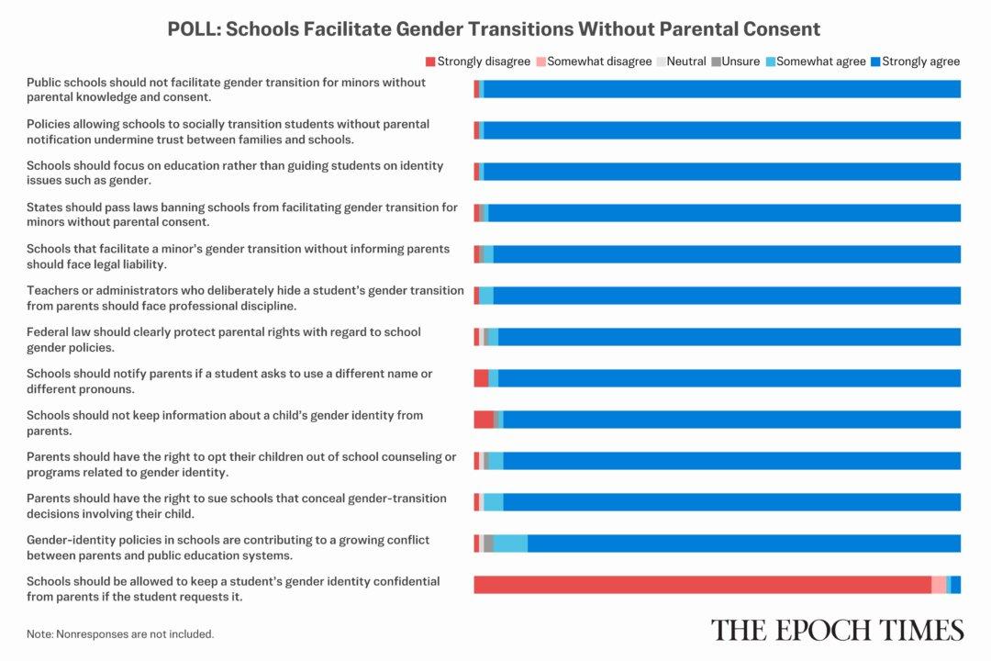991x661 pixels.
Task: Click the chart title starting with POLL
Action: pyautogui.click(x=494, y=28)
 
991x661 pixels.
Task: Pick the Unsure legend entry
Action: pyautogui.click(x=737, y=62)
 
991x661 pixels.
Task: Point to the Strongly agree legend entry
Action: pyautogui.click(x=915, y=62)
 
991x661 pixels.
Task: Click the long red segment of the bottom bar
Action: pyautogui.click(x=702, y=585)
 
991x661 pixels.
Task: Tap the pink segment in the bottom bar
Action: pyautogui.click(x=939, y=585)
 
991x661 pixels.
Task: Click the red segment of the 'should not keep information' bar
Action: pyautogui.click(x=484, y=420)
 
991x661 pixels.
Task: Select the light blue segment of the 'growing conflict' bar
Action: pyautogui.click(x=510, y=543)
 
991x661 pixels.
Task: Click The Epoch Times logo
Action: pyautogui.click(x=837, y=630)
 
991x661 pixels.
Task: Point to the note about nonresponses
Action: pyautogui.click(x=120, y=633)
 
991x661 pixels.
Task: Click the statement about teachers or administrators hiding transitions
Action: pyautogui.click(x=245, y=297)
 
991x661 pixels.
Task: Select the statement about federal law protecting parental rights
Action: pyautogui.click(x=224, y=340)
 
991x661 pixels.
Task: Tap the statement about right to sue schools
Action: pyautogui.click(x=237, y=506)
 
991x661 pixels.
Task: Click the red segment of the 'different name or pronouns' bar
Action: pyautogui.click(x=481, y=378)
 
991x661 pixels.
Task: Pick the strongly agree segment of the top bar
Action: pyautogui.click(x=721, y=89)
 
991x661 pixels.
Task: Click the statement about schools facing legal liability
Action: pyautogui.click(x=239, y=256)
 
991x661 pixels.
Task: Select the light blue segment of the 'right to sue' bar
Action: pyautogui.click(x=494, y=502)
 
